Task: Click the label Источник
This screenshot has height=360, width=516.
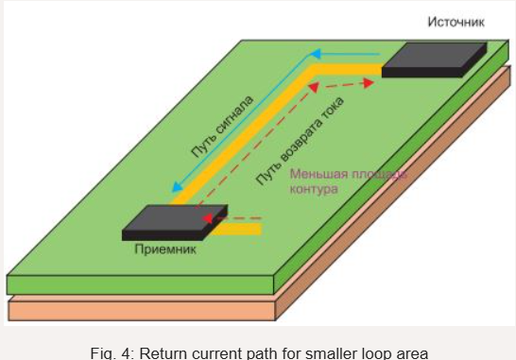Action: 455,21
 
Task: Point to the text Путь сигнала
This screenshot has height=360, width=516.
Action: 221,127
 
